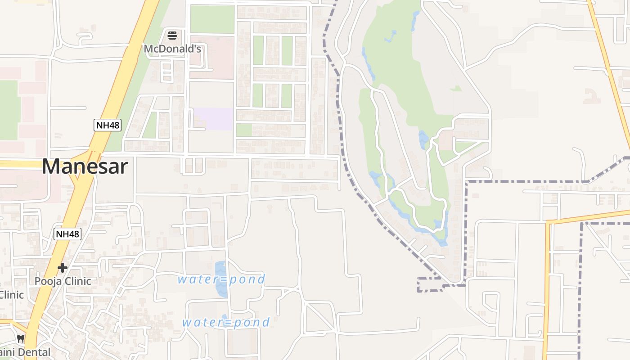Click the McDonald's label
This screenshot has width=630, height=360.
click(x=172, y=49)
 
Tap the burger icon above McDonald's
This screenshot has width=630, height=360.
click(x=172, y=35)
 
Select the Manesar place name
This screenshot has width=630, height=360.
click(x=85, y=166)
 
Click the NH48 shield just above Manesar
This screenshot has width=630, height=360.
click(x=108, y=125)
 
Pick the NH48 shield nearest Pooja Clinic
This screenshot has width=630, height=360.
click(x=67, y=234)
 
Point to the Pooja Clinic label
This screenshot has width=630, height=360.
click(x=63, y=281)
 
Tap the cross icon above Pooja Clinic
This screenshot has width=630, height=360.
click(x=63, y=268)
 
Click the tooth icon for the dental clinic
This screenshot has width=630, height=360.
click(x=20, y=338)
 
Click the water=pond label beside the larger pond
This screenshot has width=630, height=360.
click(x=221, y=279)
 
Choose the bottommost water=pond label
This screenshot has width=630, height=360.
click(x=226, y=322)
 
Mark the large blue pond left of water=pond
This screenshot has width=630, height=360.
click(x=221, y=279)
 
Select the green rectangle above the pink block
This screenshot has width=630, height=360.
click(x=212, y=19)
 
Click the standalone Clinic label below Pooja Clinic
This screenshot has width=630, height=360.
click(x=11, y=295)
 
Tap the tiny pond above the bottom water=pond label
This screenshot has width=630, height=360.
click(x=224, y=317)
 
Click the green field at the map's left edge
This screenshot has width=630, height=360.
click(x=8, y=110)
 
